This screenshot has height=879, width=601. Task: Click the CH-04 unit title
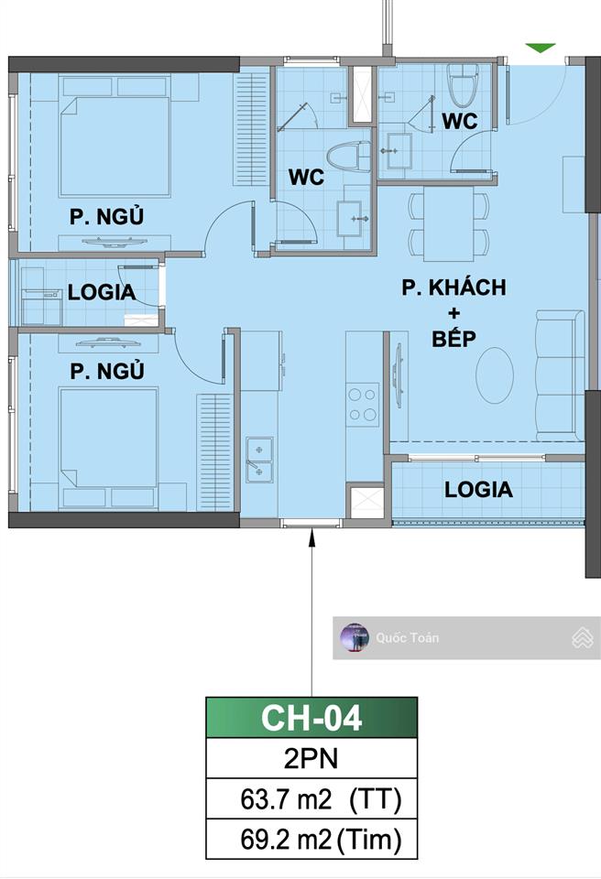click(x=311, y=717)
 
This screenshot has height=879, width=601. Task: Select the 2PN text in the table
click(x=311, y=758)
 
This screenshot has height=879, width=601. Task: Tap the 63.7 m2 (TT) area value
click(x=321, y=800)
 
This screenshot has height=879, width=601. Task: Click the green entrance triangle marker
click(x=540, y=49)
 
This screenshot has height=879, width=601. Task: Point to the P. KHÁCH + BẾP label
click(x=453, y=312)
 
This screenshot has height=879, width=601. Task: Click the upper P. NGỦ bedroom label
click(x=108, y=217)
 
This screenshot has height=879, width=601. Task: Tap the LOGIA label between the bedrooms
click(x=102, y=293)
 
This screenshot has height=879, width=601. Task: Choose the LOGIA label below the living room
click(x=478, y=490)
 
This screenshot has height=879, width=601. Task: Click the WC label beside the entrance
click(x=459, y=120)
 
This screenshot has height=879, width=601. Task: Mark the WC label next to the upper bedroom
click(x=307, y=177)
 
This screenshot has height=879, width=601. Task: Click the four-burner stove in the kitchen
click(x=363, y=404)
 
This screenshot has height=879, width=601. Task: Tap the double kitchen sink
click(x=258, y=459)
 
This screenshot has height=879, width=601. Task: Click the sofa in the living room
click(x=560, y=375)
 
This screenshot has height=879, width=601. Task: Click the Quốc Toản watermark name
click(x=407, y=637)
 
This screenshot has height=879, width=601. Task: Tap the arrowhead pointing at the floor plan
click(x=312, y=539)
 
